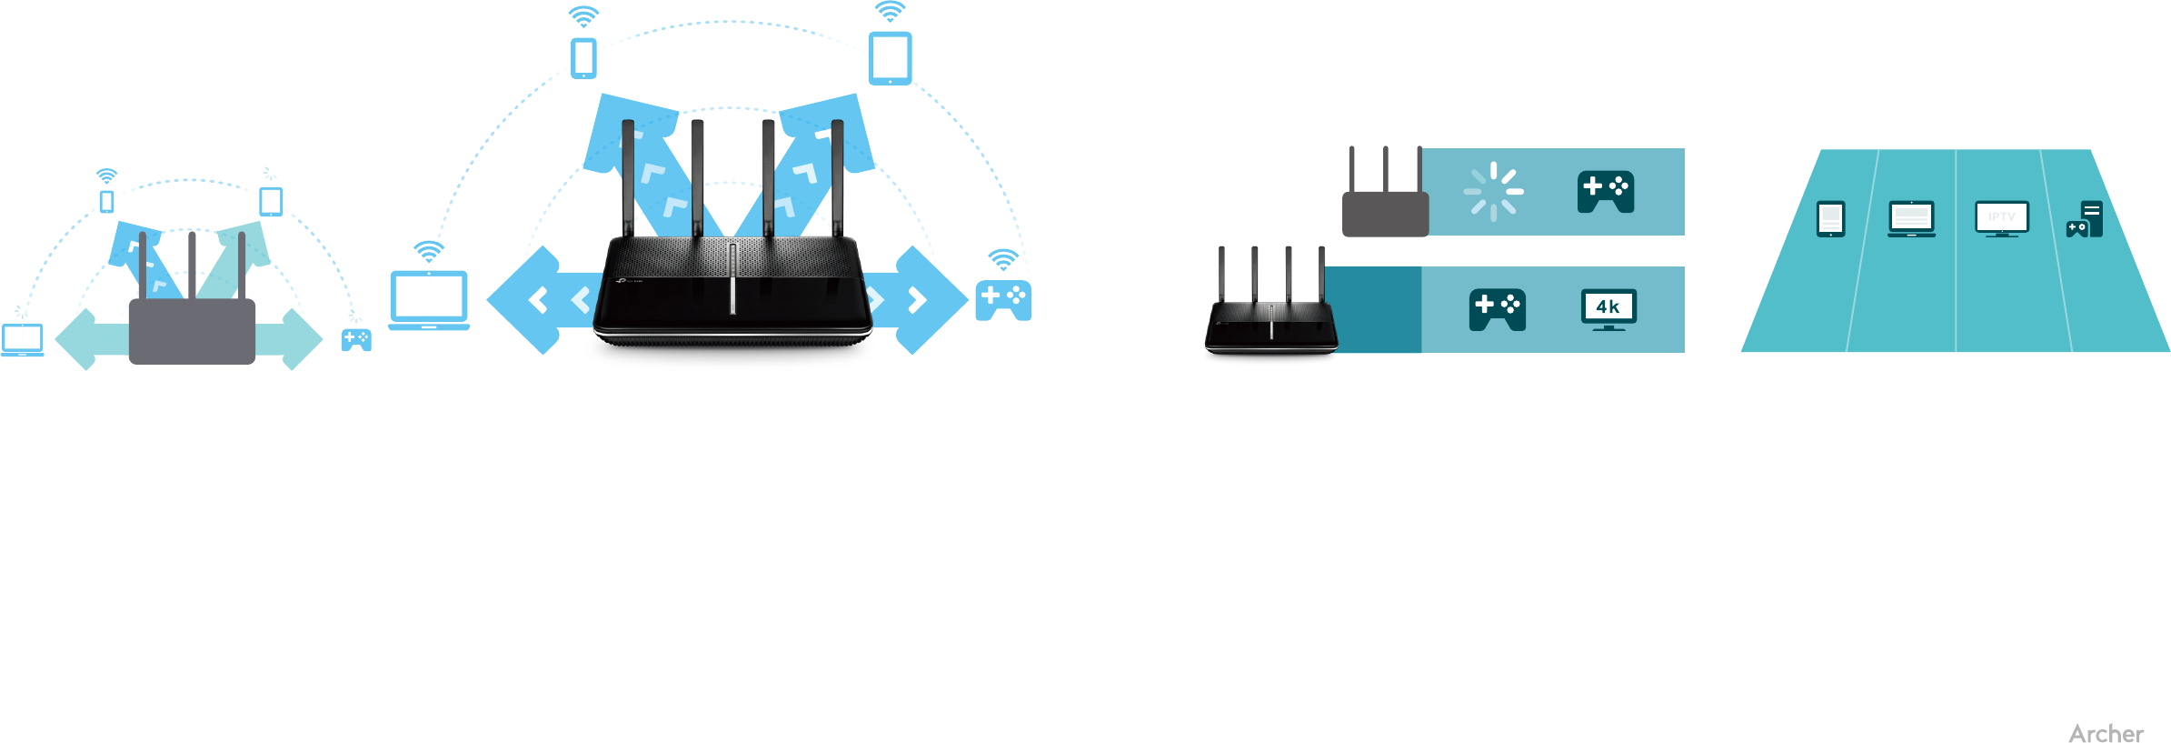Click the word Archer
tap(2106, 733)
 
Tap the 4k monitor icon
tap(1608, 309)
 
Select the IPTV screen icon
tap(2001, 218)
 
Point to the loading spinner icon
tap(1493, 192)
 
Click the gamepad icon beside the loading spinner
tap(1605, 191)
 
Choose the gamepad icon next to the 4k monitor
tap(1497, 310)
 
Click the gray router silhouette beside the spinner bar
tap(1385, 214)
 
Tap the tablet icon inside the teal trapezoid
tap(1830, 218)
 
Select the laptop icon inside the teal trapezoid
tap(1911, 219)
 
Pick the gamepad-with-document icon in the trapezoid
tap(2084, 219)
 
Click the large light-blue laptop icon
tap(429, 299)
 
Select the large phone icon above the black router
tap(583, 58)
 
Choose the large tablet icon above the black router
tap(890, 58)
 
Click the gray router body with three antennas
tap(192, 331)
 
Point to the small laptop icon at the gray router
tap(23, 339)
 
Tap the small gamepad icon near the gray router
tap(356, 340)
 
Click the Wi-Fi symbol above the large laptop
tap(429, 250)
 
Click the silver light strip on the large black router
tap(732, 278)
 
